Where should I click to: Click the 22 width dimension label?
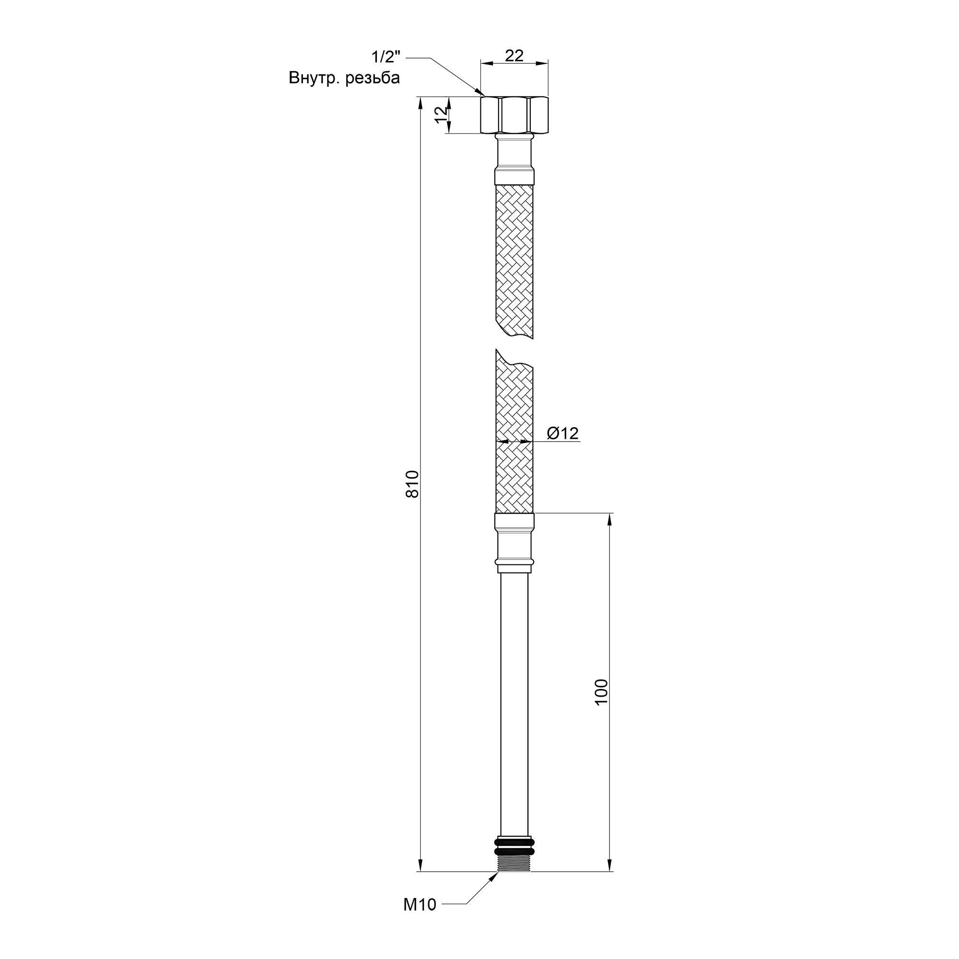click(x=514, y=56)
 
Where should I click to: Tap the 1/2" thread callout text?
click(x=386, y=57)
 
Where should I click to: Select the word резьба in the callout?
click(x=372, y=79)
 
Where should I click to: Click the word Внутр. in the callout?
click(x=314, y=78)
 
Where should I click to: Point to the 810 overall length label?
click(x=412, y=484)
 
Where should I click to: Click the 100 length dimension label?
click(x=601, y=691)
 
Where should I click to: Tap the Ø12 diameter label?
click(x=563, y=433)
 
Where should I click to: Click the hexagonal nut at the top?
click(x=514, y=115)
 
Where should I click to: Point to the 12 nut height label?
click(x=441, y=115)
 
